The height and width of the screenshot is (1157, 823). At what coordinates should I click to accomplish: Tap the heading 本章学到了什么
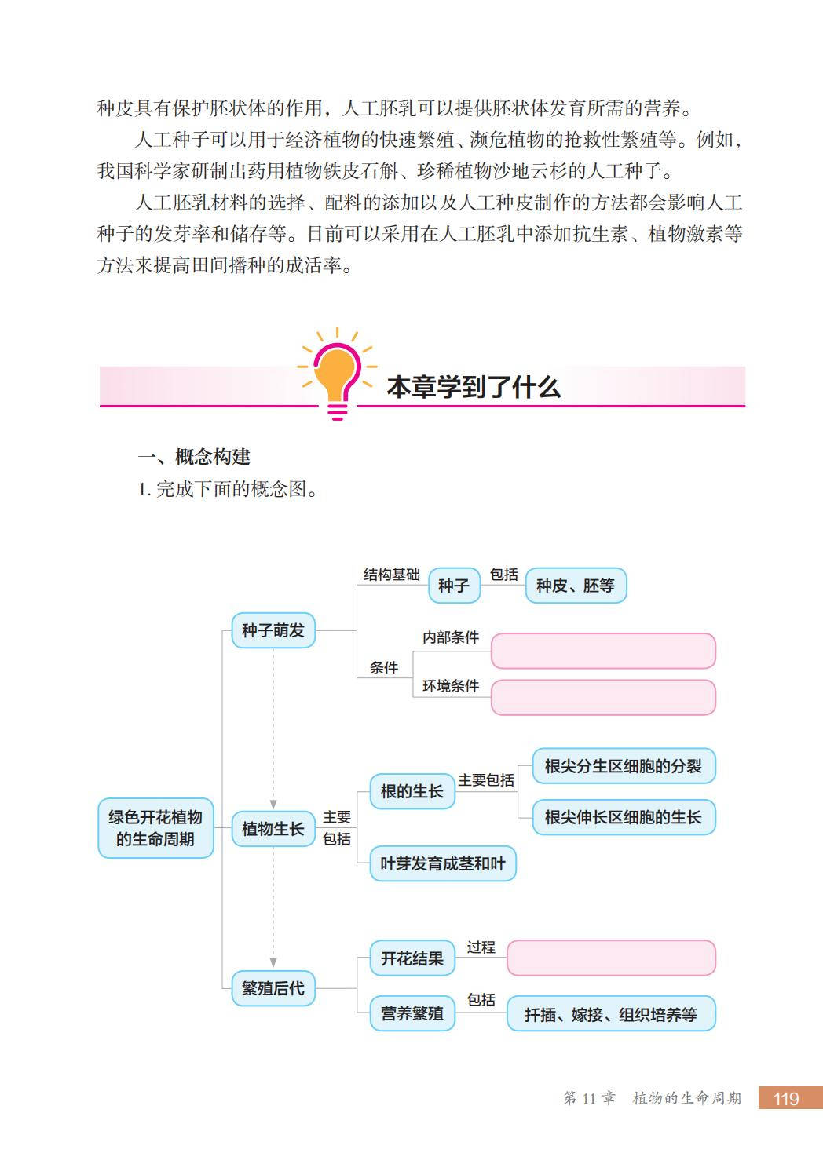tap(473, 387)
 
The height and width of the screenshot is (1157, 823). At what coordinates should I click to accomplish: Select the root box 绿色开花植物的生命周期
tap(155, 828)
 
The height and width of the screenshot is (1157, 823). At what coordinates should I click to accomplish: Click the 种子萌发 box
tap(273, 630)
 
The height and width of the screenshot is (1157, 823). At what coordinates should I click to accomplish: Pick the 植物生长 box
tap(273, 829)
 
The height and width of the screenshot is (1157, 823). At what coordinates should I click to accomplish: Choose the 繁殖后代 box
tap(273, 988)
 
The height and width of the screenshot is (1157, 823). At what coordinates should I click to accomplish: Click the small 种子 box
tap(453, 586)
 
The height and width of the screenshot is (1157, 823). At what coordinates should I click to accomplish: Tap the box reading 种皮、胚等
tap(575, 586)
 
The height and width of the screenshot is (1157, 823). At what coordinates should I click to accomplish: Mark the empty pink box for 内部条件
tap(602, 651)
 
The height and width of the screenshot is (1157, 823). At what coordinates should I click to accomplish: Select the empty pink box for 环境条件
tap(602, 697)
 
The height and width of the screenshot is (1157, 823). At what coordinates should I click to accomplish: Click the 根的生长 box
tap(411, 791)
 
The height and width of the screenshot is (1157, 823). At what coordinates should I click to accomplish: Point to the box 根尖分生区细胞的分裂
tap(623, 766)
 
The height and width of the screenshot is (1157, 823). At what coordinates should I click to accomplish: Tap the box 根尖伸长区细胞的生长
tap(623, 817)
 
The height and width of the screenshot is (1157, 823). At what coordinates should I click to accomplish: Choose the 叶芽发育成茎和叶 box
tap(442, 863)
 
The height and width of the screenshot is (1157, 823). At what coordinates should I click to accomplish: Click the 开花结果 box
tap(411, 958)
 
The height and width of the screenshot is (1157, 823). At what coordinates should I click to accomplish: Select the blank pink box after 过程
tap(610, 958)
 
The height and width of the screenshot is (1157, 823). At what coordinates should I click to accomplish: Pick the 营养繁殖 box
tap(411, 1013)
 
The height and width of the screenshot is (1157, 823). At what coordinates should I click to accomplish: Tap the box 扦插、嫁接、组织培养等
tap(610, 1014)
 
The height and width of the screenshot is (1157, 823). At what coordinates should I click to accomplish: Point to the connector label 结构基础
tap(391, 575)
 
